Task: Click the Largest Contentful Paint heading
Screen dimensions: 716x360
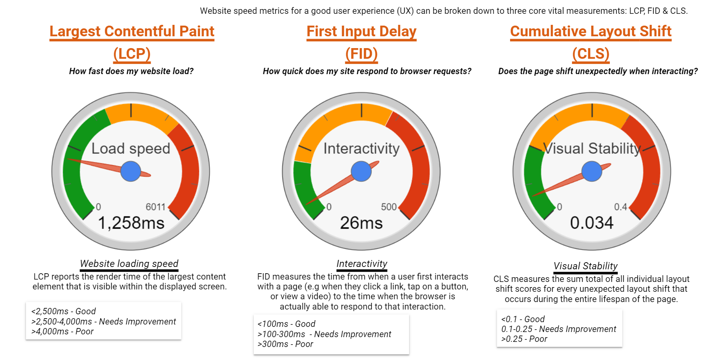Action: (x=132, y=32)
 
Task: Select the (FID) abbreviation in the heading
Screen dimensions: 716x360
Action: (x=361, y=54)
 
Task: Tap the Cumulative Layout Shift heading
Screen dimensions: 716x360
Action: (x=591, y=32)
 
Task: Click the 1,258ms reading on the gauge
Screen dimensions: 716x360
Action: (x=131, y=223)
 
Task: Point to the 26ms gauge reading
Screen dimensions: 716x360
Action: (x=361, y=223)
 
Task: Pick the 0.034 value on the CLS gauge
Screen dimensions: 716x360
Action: (x=592, y=223)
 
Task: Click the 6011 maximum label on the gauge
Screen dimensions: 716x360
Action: (x=155, y=207)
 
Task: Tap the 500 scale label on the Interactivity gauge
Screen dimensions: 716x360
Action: (x=389, y=207)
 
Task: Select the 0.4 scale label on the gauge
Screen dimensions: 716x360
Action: (x=621, y=207)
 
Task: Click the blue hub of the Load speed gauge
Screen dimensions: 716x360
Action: (x=131, y=171)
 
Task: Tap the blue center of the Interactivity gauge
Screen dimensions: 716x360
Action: (x=361, y=171)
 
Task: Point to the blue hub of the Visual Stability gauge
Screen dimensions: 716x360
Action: (x=592, y=171)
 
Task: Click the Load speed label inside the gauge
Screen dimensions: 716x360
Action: (x=131, y=149)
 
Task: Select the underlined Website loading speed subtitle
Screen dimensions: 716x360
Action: (x=129, y=263)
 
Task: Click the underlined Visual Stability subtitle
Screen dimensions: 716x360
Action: (x=585, y=266)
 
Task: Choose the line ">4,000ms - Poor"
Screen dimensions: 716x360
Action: (x=62, y=332)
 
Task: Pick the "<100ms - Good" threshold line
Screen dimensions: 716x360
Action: (x=286, y=324)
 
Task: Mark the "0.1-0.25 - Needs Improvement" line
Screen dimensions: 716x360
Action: (x=559, y=329)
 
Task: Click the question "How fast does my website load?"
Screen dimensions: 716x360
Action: (x=131, y=71)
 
